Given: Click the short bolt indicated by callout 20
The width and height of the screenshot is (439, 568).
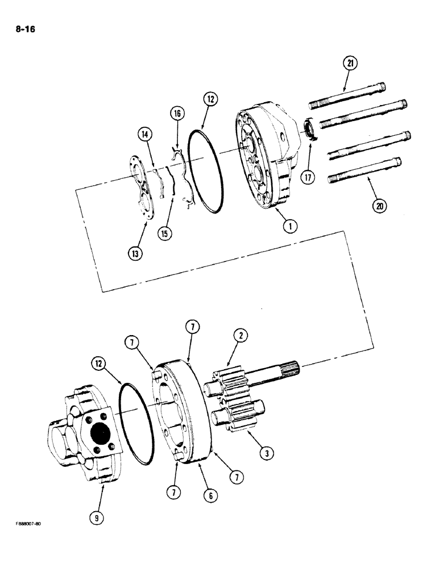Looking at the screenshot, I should coord(364,170).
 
